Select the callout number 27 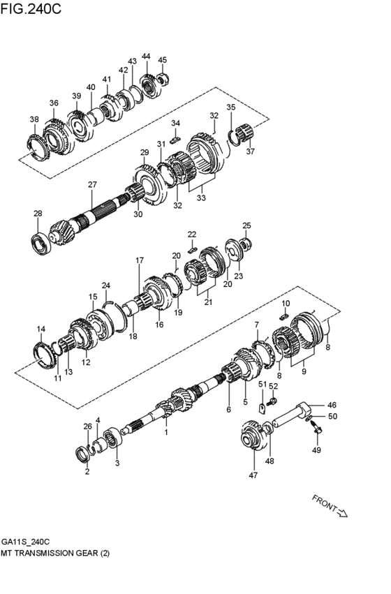coord(91,184)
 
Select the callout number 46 coord(332,404)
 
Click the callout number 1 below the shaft coord(165,432)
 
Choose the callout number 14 coord(41,329)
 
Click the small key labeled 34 coord(176,139)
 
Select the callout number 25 coord(246,225)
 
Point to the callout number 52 coord(274,385)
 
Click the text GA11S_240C coord(25,541)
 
